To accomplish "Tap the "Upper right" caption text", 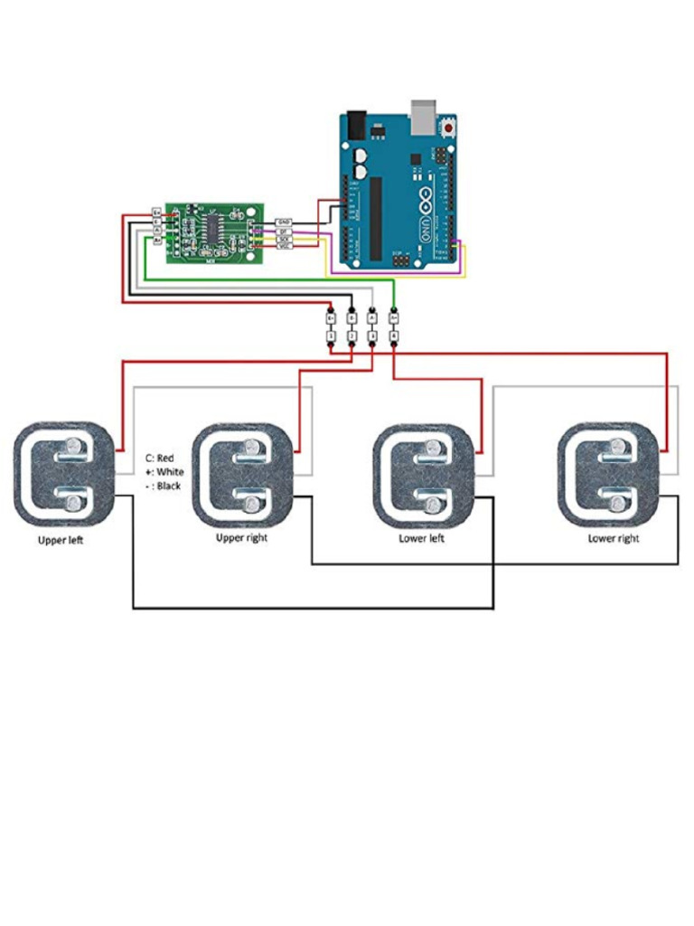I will point(242,538).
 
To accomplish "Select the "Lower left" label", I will point(421,538).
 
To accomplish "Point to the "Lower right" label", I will point(614,538).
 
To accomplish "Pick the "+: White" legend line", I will point(164,472).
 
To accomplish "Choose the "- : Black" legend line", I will point(163,486).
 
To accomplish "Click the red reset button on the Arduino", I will point(448,130).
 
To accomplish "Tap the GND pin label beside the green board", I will point(284,222).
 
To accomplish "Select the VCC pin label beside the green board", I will point(284,246).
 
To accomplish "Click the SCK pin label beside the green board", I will point(284,238).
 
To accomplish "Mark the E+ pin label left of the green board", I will point(156,213).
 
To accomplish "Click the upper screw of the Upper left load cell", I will point(72,446).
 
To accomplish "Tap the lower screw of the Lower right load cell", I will point(616,503).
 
